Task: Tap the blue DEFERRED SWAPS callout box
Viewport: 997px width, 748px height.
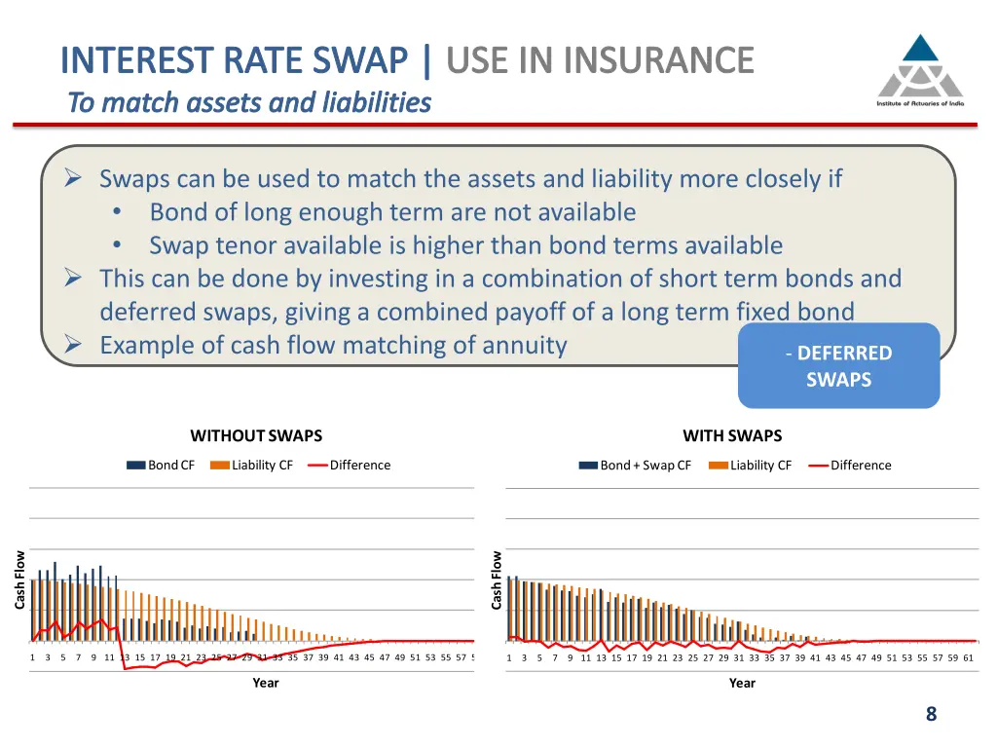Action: pyautogui.click(x=838, y=365)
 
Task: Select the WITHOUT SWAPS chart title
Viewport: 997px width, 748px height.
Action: pyautogui.click(x=256, y=435)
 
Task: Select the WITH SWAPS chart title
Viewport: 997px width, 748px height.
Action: pyautogui.click(x=732, y=435)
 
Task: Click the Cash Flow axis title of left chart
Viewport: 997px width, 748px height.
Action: pyautogui.click(x=19, y=580)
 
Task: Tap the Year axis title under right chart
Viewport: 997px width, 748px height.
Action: pyautogui.click(x=742, y=683)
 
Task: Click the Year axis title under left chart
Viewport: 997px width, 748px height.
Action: pyautogui.click(x=266, y=683)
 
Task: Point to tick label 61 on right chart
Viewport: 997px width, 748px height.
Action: pyautogui.click(x=968, y=657)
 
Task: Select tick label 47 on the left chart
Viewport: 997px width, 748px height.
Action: pyautogui.click(x=385, y=657)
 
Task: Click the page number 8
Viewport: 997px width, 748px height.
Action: pyautogui.click(x=931, y=714)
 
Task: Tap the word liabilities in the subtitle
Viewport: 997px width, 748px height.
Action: pyautogui.click(x=378, y=102)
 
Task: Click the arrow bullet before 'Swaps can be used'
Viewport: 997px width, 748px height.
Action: pyautogui.click(x=73, y=179)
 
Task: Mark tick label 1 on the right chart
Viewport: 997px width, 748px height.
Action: pyautogui.click(x=509, y=657)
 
